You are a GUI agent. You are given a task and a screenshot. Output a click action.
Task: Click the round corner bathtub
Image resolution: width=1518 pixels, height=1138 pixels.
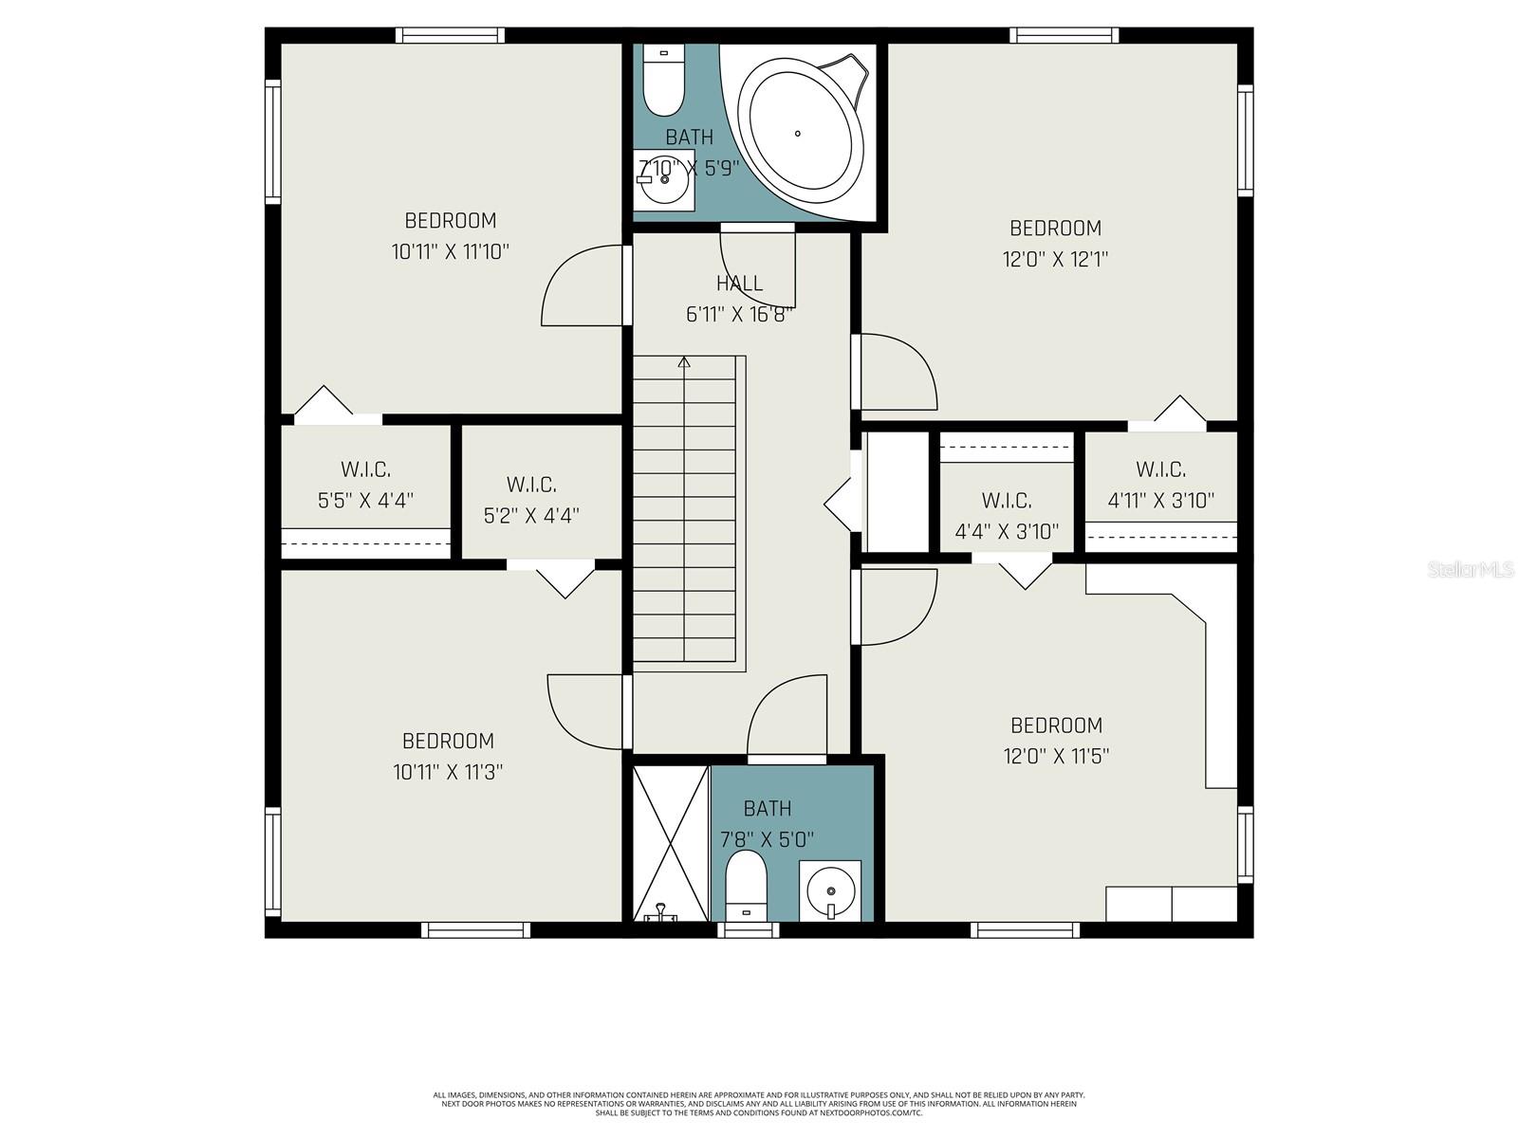coord(801,133)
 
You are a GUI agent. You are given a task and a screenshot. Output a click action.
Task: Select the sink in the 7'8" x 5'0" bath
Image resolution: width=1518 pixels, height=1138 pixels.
coord(830,891)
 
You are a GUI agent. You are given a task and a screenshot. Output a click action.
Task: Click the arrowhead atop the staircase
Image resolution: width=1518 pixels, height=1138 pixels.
coord(684,361)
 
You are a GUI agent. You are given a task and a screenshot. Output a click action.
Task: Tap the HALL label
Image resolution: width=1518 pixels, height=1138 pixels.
coord(739,283)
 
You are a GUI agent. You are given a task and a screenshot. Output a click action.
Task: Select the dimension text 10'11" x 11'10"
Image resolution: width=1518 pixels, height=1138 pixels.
coord(451,251)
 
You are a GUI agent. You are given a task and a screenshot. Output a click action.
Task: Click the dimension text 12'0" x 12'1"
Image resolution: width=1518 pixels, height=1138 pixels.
coord(1055,258)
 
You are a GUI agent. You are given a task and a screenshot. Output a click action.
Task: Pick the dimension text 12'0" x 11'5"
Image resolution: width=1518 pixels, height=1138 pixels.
coord(1056,756)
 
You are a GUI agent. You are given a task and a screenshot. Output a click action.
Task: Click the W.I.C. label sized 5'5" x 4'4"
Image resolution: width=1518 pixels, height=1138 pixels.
coord(365,469)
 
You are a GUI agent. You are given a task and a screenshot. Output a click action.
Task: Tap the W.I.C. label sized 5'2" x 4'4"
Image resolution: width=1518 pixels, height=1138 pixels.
coord(531,485)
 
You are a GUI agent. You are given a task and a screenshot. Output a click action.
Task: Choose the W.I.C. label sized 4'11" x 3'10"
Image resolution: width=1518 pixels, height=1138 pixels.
coord(1160,469)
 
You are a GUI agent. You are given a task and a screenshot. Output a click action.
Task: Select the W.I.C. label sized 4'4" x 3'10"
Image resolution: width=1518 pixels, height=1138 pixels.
coord(1007,500)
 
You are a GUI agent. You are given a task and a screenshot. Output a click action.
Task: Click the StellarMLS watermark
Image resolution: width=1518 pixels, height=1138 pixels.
coord(1470,570)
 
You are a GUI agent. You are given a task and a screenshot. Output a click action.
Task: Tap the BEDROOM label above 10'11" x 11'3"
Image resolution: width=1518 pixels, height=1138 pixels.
coord(448,741)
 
